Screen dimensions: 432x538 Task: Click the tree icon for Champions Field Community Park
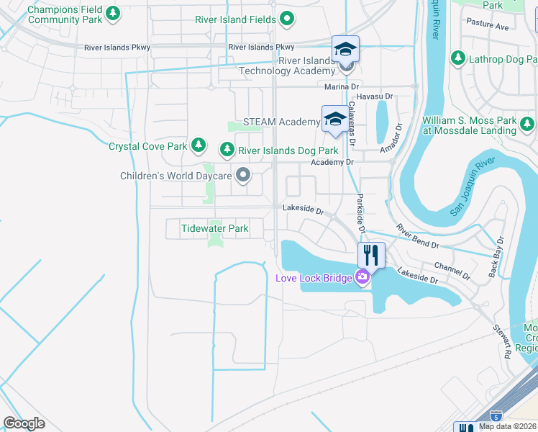pyautogui.click(x=111, y=14)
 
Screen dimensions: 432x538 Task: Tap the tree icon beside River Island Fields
pyautogui.click(x=286, y=19)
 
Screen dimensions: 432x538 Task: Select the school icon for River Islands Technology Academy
pyautogui.click(x=346, y=50)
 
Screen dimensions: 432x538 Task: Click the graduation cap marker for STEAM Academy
pyautogui.click(x=334, y=119)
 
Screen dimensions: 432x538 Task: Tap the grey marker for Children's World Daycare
pyautogui.click(x=244, y=175)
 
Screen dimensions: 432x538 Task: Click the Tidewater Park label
pyautogui.click(x=214, y=228)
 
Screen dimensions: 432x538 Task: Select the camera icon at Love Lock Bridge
pyautogui.click(x=362, y=277)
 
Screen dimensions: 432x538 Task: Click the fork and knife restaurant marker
pyautogui.click(x=371, y=255)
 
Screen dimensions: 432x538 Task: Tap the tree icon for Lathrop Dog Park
pyautogui.click(x=458, y=58)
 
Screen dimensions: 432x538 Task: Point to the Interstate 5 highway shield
pyautogui.click(x=496, y=415)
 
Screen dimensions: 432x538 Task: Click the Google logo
pyautogui.click(x=24, y=423)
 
